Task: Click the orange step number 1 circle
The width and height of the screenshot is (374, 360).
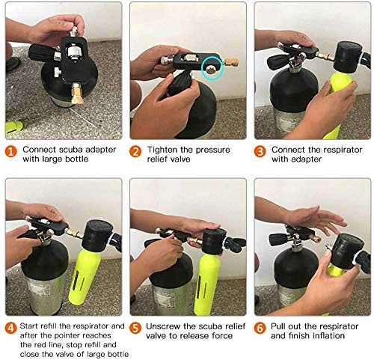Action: (x=11, y=152)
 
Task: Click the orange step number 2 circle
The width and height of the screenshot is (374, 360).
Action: (x=135, y=152)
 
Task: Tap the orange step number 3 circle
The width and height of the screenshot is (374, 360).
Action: (x=260, y=152)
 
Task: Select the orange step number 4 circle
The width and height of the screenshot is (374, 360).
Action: (x=11, y=328)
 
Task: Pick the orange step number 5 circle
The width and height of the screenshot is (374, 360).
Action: (x=135, y=328)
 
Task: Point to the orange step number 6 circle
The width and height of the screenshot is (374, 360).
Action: (x=260, y=328)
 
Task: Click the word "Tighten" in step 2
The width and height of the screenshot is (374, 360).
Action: (x=162, y=150)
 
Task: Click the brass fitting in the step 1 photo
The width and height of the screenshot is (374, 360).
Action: (x=77, y=94)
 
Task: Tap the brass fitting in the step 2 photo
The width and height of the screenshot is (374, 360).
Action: (x=231, y=62)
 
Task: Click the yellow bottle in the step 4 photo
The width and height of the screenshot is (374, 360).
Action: (x=85, y=277)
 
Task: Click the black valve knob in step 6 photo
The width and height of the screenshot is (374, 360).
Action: (x=278, y=239)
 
